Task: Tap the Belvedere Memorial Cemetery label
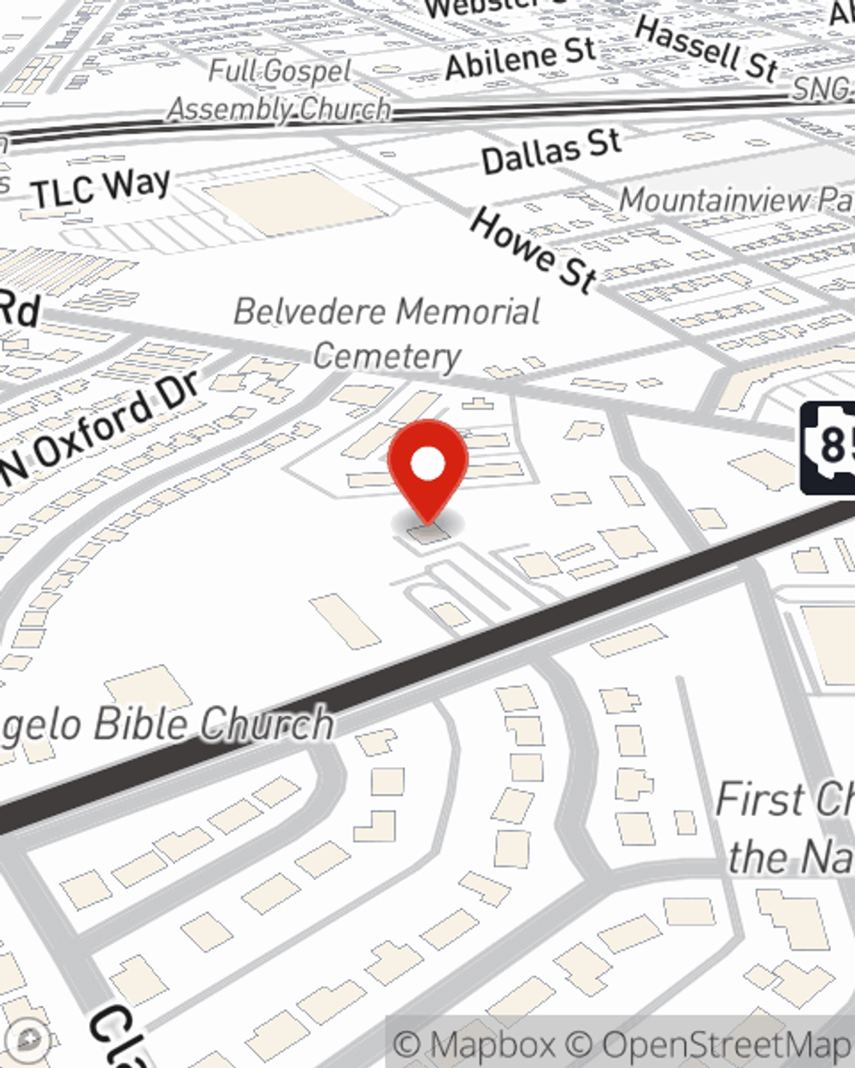point(386,333)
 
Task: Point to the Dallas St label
point(551,152)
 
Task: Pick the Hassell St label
point(706,48)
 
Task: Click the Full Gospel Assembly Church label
point(280,90)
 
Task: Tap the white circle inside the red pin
point(427,465)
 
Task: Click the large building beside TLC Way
point(291,202)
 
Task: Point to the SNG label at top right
point(822,88)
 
